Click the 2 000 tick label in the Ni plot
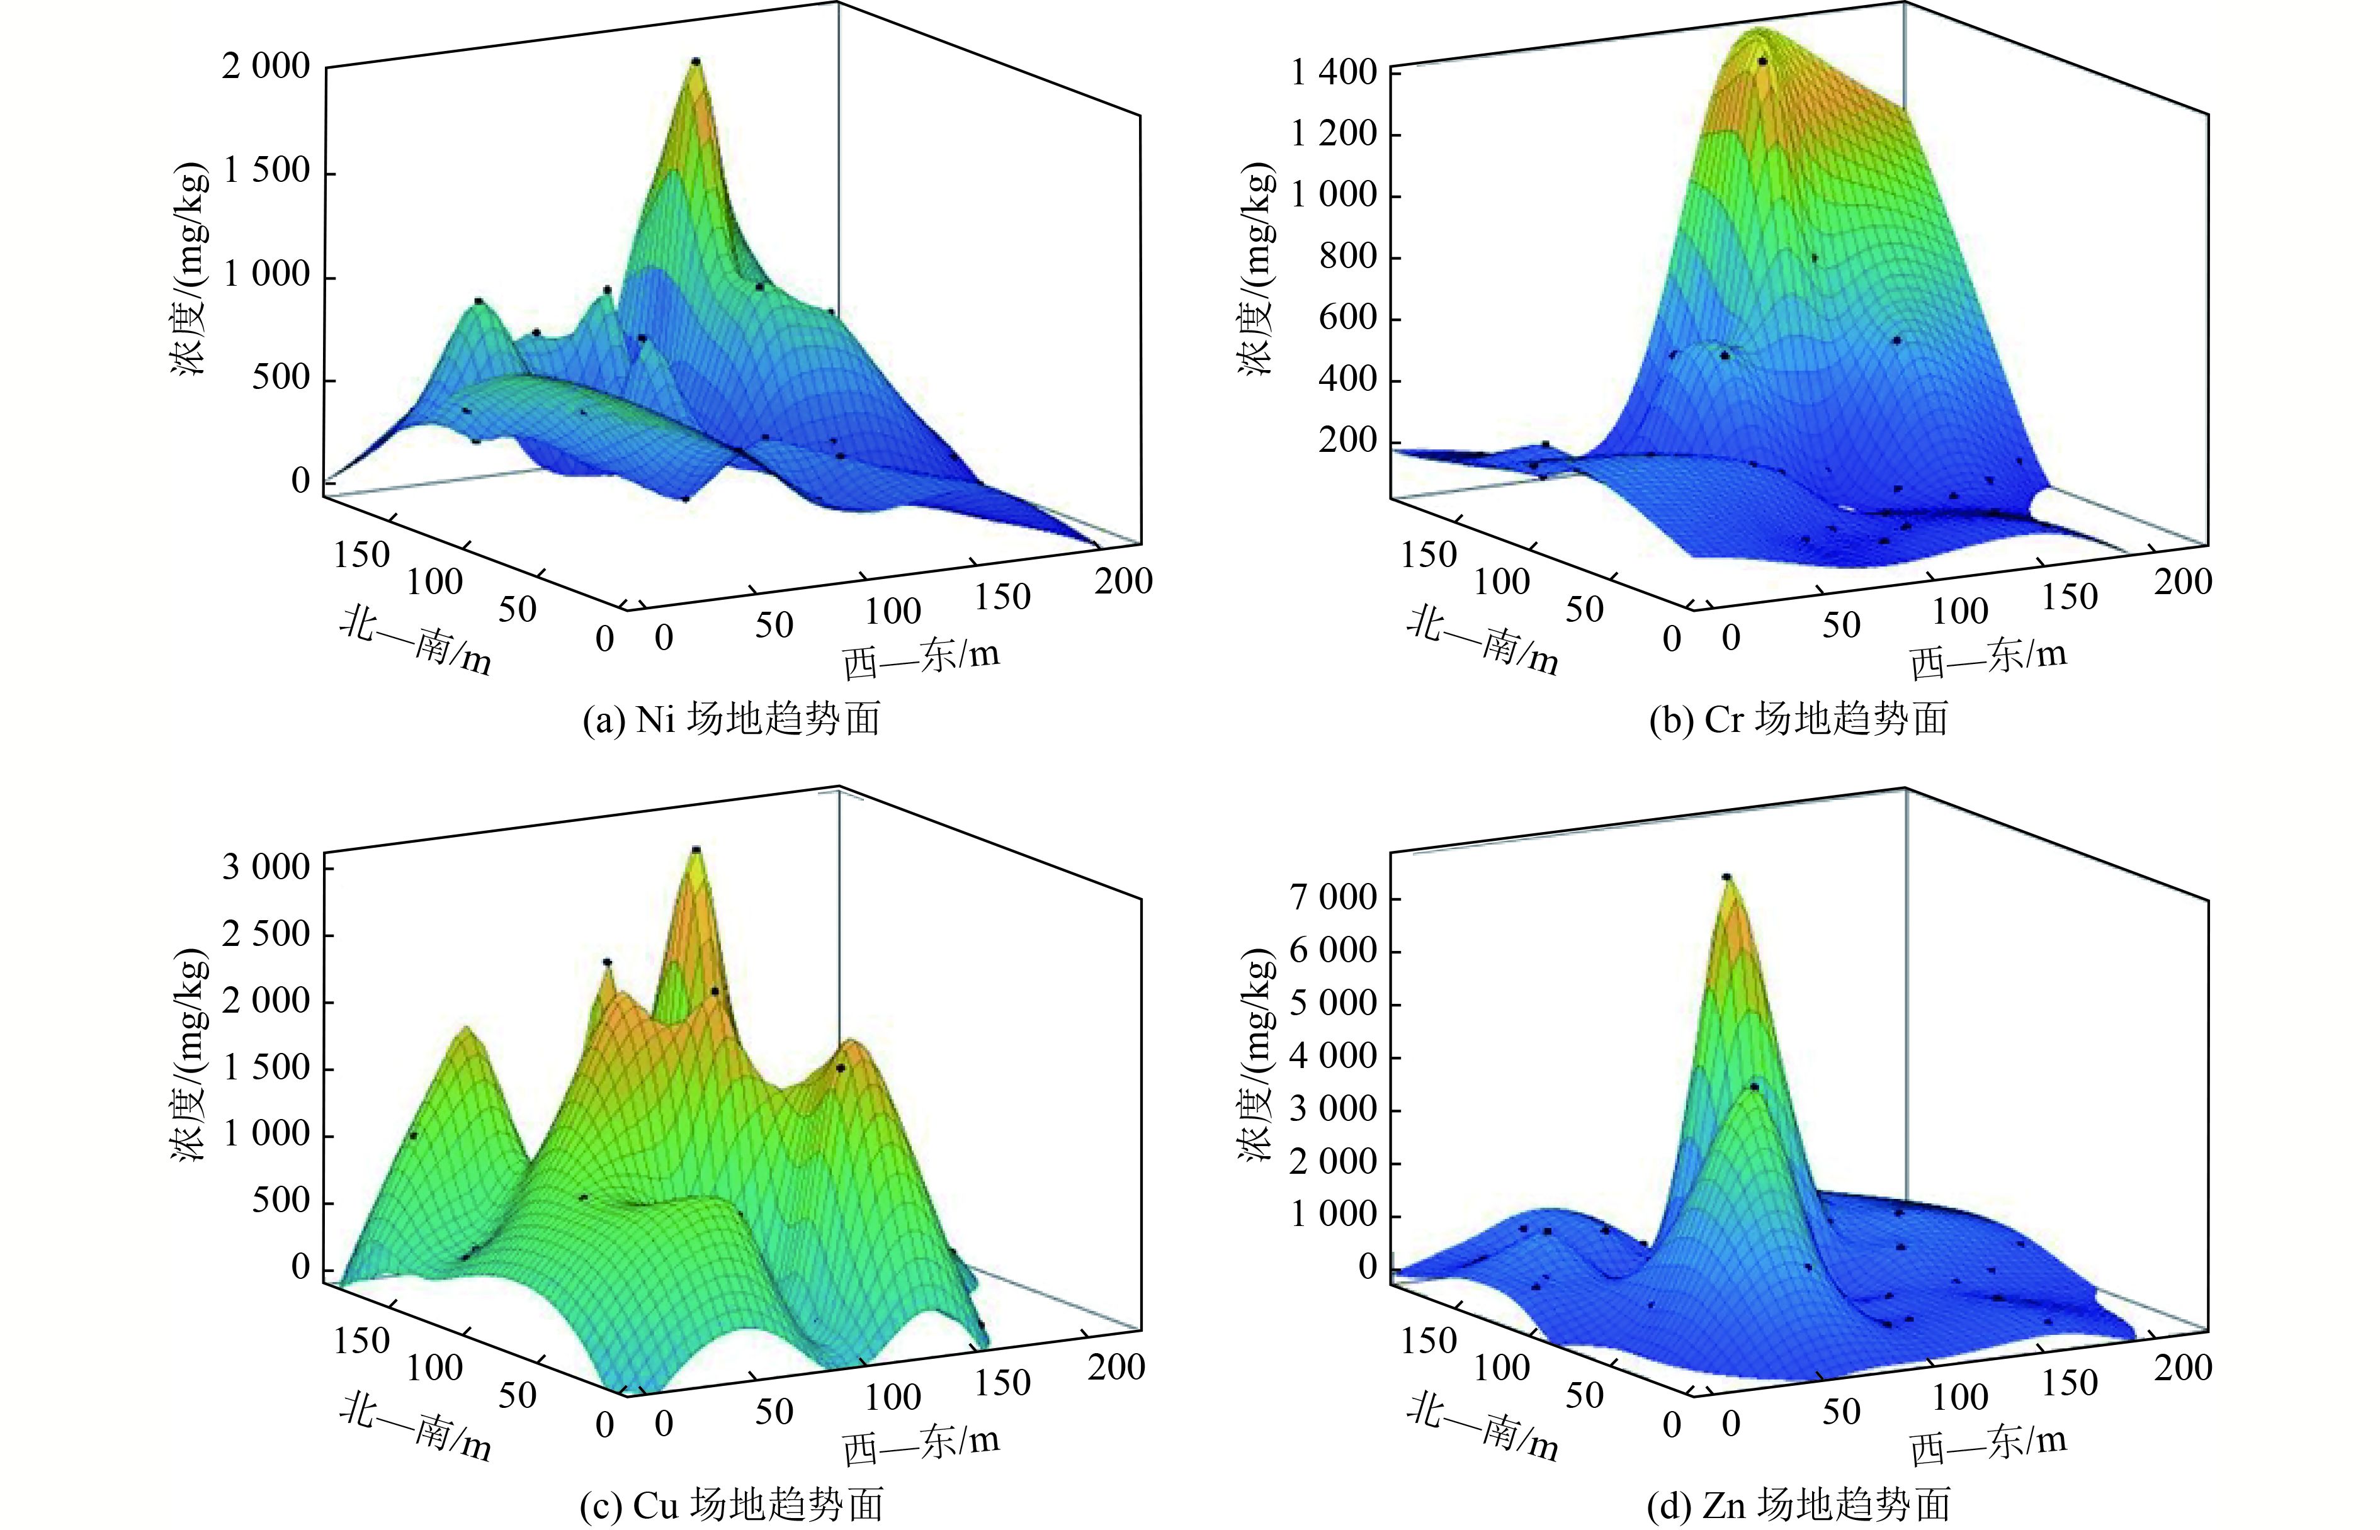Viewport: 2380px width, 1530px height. tap(265, 67)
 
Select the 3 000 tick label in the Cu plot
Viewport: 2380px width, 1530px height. tap(265, 867)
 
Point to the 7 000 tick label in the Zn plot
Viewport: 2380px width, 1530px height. tap(1334, 898)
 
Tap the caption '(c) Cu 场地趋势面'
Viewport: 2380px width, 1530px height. tap(732, 1506)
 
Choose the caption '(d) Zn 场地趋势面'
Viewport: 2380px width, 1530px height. tap(1799, 1506)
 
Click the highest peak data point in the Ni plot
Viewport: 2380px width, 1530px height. tap(696, 62)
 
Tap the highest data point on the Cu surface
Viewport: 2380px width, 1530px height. tap(696, 850)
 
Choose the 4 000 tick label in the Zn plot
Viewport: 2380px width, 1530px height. tap(1334, 1056)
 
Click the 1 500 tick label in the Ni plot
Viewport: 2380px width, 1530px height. tap(265, 171)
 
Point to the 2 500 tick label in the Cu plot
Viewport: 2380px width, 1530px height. tap(265, 934)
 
